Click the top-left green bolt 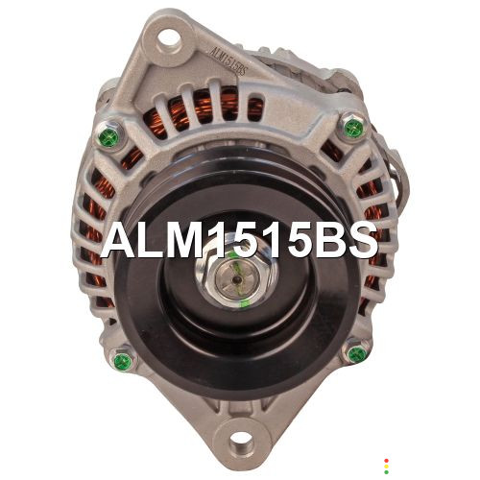point(108,136)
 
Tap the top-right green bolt point(353,128)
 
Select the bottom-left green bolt point(123,362)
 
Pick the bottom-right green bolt point(357,354)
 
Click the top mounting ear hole point(169,37)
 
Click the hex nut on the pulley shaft point(237,278)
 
